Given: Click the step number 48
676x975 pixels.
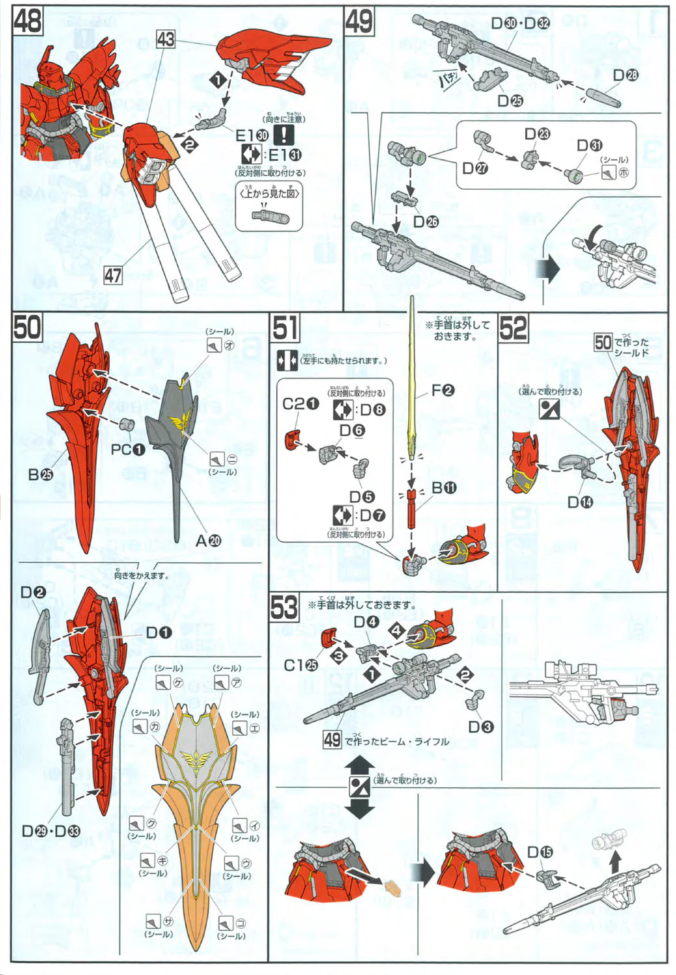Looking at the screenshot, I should (27, 21).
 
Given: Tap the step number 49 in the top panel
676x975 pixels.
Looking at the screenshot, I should (359, 21).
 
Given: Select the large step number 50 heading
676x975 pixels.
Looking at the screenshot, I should (27, 327).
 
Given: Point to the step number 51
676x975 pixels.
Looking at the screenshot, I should (285, 328).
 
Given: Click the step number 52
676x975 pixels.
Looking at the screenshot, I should (513, 328).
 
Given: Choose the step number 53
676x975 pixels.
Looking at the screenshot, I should (284, 608).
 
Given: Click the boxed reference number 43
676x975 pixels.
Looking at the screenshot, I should (166, 39).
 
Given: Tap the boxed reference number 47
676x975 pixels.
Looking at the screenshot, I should (113, 276).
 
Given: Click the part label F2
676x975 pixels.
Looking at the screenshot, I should (443, 390).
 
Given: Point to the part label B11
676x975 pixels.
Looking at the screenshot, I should (443, 487).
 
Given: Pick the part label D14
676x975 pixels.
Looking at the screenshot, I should (580, 502).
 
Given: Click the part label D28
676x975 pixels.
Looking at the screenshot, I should (625, 75).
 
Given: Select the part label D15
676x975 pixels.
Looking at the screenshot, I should (539, 851).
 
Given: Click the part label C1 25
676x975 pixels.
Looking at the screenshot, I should (300, 666).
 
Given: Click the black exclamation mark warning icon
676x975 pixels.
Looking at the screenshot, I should (283, 135).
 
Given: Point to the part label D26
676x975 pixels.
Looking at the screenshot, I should (426, 222).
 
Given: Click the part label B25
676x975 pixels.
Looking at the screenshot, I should (40, 474).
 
